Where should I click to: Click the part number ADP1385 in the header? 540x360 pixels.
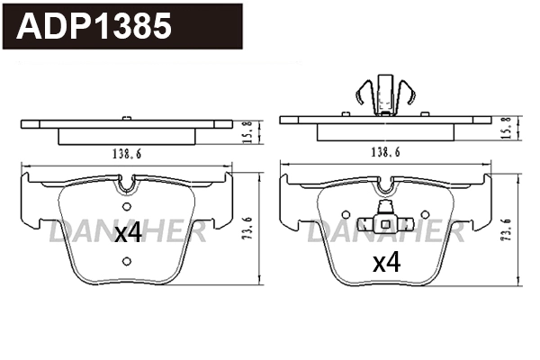94,26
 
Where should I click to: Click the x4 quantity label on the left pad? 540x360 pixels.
129,234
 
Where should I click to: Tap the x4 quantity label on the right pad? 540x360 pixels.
386,262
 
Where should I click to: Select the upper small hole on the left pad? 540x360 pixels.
126,211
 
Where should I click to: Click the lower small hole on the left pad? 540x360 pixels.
126,261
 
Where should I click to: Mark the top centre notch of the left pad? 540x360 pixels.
129,184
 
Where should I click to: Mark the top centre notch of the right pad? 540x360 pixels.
386,184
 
